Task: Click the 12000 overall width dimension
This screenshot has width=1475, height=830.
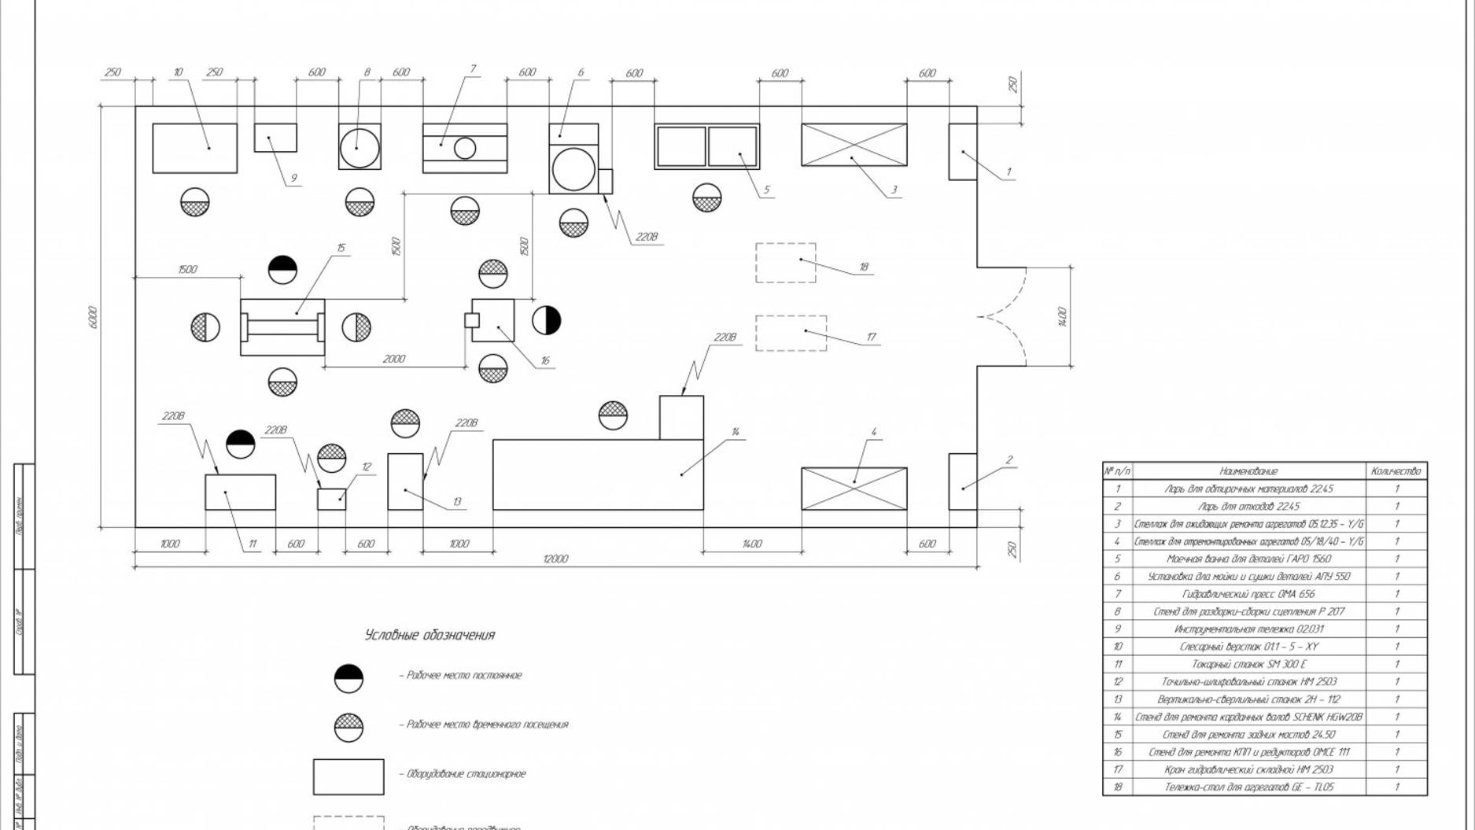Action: tap(555, 559)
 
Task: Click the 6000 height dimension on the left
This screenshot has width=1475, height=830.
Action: tap(93, 317)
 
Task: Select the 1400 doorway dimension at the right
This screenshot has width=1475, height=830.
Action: tap(1063, 317)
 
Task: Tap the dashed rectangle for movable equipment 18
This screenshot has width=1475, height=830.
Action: tap(785, 263)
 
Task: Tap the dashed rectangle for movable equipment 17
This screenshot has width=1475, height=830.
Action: tap(791, 333)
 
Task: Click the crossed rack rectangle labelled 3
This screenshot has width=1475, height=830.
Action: tap(854, 145)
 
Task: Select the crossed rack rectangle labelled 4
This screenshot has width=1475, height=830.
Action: tap(854, 489)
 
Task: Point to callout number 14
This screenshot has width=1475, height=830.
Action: tap(736, 432)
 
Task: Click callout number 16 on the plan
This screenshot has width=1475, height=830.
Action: tap(545, 361)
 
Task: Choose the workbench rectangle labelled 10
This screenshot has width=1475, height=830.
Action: tap(194, 148)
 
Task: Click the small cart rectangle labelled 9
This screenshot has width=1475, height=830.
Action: tap(275, 138)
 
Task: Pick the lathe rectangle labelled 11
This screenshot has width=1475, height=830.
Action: tap(240, 492)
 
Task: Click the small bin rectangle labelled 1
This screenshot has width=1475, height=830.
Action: tap(962, 152)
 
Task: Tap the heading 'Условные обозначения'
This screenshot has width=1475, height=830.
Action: tap(430, 635)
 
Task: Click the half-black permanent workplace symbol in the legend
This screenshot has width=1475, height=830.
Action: tap(348, 678)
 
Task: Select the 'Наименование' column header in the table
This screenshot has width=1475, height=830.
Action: tap(1248, 470)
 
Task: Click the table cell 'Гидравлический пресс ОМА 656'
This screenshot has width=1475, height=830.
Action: tap(1248, 594)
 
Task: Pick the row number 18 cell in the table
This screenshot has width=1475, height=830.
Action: tap(1117, 787)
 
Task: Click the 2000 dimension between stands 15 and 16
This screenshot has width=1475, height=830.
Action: tap(394, 359)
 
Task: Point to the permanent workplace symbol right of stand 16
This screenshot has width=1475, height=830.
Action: tap(546, 320)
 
